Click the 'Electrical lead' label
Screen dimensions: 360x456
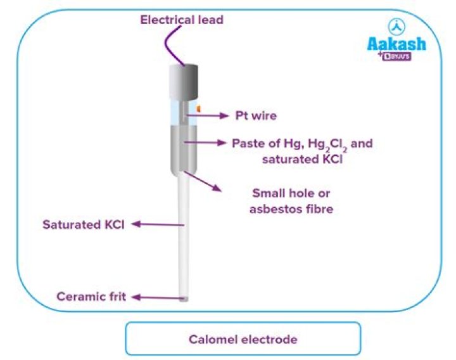[x=182, y=20]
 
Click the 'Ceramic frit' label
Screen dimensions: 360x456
[x=91, y=297]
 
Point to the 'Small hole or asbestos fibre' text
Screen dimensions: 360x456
[x=291, y=200]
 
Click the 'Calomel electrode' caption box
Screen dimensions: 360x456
[x=243, y=339]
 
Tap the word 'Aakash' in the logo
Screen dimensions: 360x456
[x=396, y=44]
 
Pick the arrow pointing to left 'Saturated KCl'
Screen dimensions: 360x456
[x=158, y=224]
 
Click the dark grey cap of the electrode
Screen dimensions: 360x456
[x=184, y=81]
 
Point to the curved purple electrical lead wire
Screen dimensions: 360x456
[x=171, y=48]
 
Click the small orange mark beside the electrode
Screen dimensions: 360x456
[x=198, y=108]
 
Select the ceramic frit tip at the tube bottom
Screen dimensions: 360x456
[x=184, y=298]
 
